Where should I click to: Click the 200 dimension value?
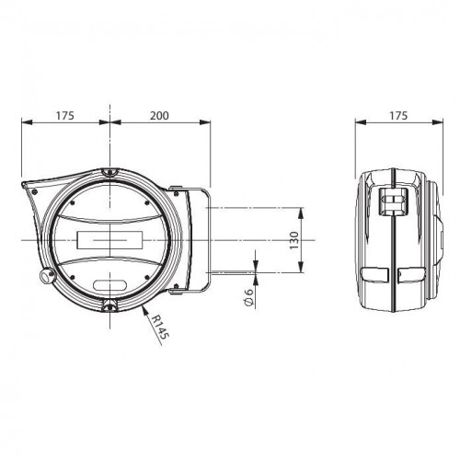(159, 116)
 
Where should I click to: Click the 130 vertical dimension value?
(293, 240)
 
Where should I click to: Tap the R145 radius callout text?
(160, 328)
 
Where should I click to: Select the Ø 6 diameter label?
(248, 297)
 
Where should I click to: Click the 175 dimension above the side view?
(398, 116)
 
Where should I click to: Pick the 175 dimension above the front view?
(65, 116)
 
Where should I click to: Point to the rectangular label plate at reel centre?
(109, 240)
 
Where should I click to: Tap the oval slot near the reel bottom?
(109, 285)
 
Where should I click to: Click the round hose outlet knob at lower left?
(47, 275)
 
